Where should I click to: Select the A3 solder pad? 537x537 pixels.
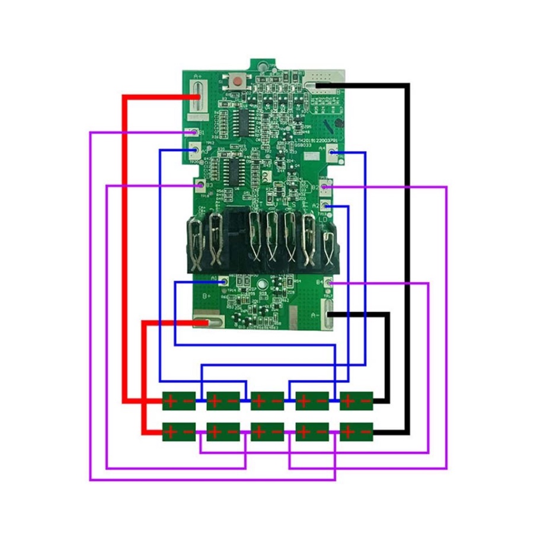196,152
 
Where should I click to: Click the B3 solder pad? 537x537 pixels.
200,186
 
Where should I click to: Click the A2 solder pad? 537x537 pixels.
325,206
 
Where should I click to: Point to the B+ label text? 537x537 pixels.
207,295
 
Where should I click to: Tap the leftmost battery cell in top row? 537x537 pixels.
179,401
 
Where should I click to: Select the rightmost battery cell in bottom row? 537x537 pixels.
356,432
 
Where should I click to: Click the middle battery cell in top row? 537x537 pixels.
267,401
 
